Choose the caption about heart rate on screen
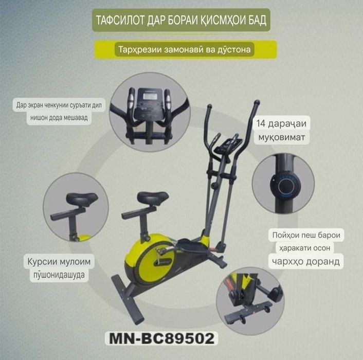coord(61,111)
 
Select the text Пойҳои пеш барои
coord(306,236)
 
